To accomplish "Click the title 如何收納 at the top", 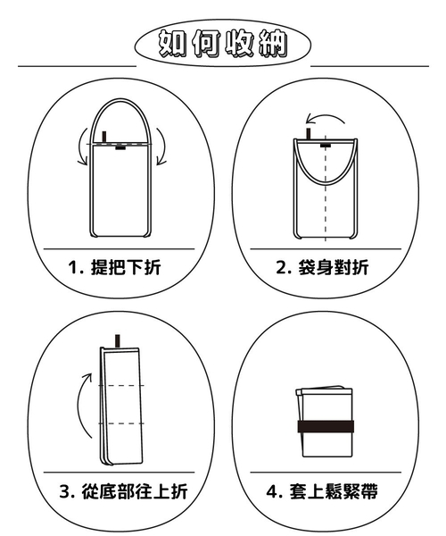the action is click(223, 43).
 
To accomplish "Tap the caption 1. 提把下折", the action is click(115, 267).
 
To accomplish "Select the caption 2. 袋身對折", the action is click(322, 267).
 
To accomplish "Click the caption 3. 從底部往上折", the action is click(123, 491).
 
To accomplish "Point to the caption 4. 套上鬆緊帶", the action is click(322, 491).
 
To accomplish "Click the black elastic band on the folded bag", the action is click(326, 427).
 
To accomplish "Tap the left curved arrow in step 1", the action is click(81, 147).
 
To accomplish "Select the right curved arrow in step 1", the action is click(162, 147).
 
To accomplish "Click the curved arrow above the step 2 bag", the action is click(326, 117).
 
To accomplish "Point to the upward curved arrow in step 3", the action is click(81, 405).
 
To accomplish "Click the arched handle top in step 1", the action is click(120, 99).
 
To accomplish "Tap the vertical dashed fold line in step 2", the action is click(326, 188).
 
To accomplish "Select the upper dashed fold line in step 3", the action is click(121, 386).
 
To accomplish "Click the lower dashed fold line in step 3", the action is click(121, 423).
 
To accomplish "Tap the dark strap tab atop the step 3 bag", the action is click(118, 341).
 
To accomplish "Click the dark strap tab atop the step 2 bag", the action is click(309, 134).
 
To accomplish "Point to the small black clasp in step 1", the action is click(120, 147).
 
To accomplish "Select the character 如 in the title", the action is click(172, 43).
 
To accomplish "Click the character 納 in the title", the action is click(273, 43).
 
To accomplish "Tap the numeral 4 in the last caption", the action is click(272, 492).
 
